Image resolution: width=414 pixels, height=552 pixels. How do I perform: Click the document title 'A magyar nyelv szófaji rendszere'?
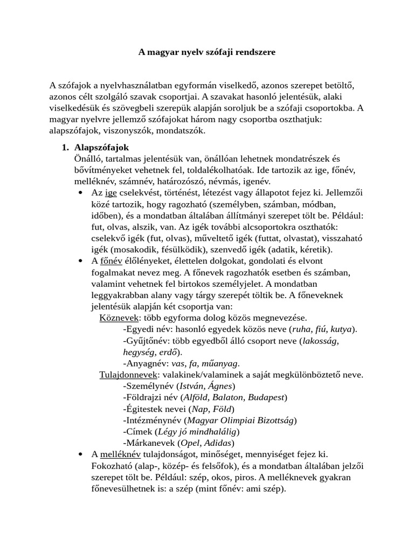click(207, 52)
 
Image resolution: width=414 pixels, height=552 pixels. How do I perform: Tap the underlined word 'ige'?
click(111, 192)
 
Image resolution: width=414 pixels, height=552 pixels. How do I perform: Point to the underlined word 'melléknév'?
click(121, 454)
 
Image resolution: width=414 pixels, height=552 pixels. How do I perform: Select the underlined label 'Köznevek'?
click(118, 318)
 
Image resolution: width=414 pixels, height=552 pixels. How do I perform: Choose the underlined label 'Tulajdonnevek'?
click(129, 374)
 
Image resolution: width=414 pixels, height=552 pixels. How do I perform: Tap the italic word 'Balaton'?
click(237, 397)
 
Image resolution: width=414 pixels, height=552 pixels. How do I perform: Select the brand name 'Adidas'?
click(220, 443)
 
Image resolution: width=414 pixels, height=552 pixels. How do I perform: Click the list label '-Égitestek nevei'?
click(156, 409)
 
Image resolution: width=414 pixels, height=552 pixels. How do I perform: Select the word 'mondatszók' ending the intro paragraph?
click(182, 130)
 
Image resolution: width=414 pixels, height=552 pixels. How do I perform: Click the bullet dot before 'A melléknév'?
click(80, 454)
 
